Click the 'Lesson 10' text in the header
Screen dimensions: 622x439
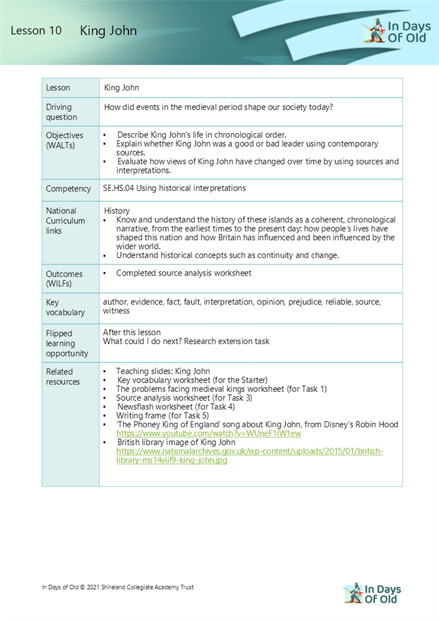click(x=36, y=31)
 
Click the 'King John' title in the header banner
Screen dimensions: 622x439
click(x=108, y=31)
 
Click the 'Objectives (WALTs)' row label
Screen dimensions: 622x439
click(x=64, y=140)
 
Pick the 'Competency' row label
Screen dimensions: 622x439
click(x=67, y=188)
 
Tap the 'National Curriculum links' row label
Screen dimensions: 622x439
click(x=61, y=221)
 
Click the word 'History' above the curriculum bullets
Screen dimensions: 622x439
click(x=117, y=211)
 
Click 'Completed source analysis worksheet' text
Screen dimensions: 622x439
click(x=183, y=273)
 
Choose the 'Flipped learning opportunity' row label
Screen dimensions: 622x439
click(x=67, y=343)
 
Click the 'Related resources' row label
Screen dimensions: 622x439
click(x=63, y=376)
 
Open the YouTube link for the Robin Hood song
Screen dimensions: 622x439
click(x=208, y=433)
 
